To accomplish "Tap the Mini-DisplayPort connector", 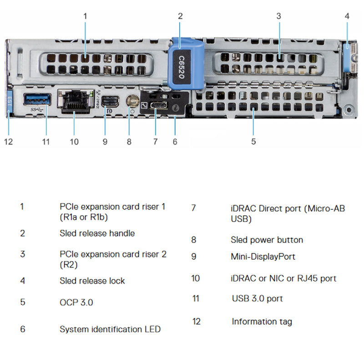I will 109,101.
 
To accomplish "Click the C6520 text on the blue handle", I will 181,67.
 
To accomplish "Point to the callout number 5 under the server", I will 253,142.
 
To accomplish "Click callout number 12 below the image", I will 9,142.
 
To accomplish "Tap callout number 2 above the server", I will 180,16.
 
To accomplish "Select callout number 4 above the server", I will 347,16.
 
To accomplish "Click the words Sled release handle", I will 97,233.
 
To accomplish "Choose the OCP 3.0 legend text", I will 76,302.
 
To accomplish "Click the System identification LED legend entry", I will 110,329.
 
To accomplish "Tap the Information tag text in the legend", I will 262,322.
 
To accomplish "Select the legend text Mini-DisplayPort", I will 263,257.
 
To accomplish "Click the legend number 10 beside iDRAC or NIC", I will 195,278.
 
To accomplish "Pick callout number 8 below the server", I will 129,142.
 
